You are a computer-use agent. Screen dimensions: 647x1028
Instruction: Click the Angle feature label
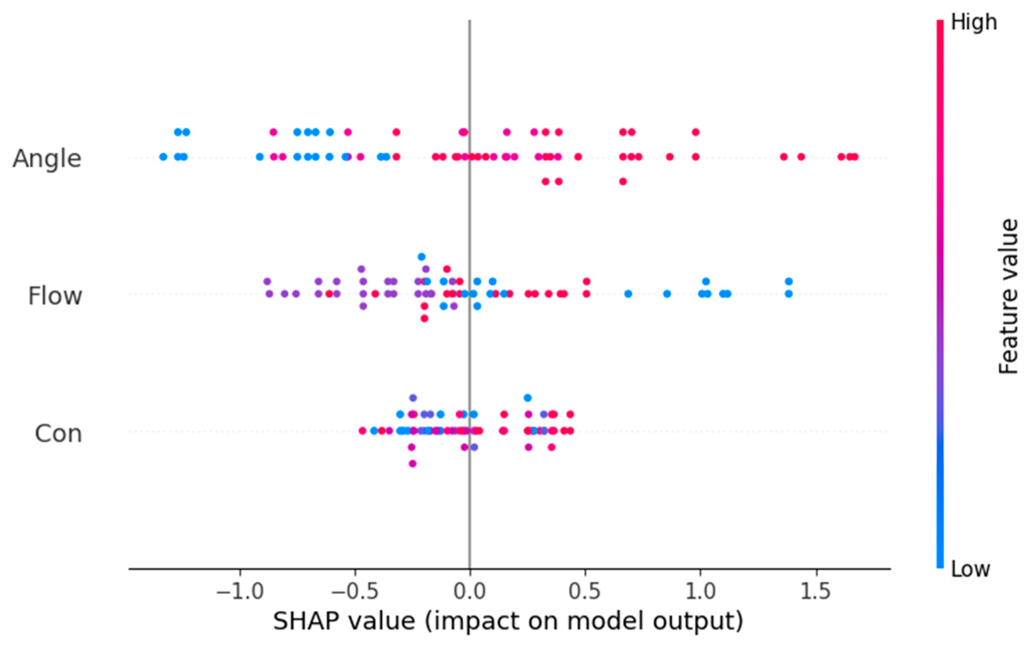(47, 159)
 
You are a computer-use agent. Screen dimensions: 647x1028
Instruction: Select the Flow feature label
(55, 296)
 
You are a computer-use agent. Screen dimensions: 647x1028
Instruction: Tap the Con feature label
(58, 434)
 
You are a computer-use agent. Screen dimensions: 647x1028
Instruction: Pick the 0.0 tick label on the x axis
(470, 592)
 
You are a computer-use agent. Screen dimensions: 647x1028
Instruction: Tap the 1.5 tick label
(816, 592)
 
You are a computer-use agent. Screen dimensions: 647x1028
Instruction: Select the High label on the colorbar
(974, 22)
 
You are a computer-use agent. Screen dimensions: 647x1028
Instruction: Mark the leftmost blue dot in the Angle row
(163, 157)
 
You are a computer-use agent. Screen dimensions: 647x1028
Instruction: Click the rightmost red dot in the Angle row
(854, 157)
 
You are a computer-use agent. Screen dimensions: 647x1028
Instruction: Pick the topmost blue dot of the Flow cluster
(421, 257)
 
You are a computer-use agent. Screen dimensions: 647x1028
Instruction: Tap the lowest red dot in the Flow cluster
(424, 318)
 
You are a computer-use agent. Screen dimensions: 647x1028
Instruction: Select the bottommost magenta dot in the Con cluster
(412, 463)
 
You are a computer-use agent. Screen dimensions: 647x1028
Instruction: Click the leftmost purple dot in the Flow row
(267, 281)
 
